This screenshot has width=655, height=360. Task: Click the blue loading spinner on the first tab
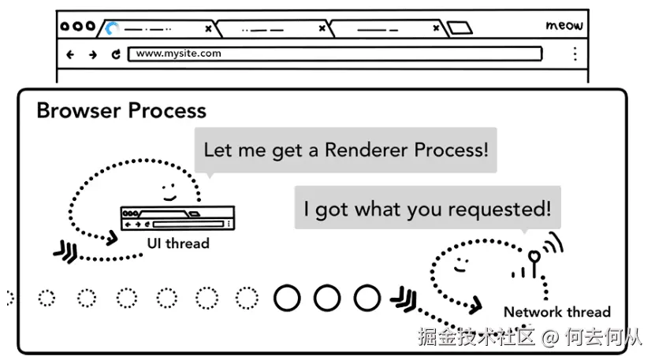coord(113,29)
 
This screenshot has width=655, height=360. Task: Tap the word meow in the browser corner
coord(564,25)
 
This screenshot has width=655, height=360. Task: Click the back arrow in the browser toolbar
coord(71,54)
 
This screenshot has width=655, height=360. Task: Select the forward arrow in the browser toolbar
coord(93,54)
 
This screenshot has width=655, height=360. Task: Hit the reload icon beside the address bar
coord(115,54)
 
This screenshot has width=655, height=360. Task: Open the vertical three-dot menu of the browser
coord(575,54)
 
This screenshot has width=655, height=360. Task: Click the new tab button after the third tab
coord(460,29)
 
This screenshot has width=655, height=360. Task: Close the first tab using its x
coord(208,29)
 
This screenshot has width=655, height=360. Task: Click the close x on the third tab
coord(436,29)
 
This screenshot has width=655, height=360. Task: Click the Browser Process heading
coord(121,111)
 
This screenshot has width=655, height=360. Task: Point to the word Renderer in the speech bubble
coord(370,149)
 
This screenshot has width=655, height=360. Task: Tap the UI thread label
coord(178,243)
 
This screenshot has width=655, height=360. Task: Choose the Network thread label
coord(556,312)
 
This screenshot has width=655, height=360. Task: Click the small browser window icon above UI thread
coord(177,218)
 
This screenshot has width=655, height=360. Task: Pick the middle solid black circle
coord(326,298)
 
